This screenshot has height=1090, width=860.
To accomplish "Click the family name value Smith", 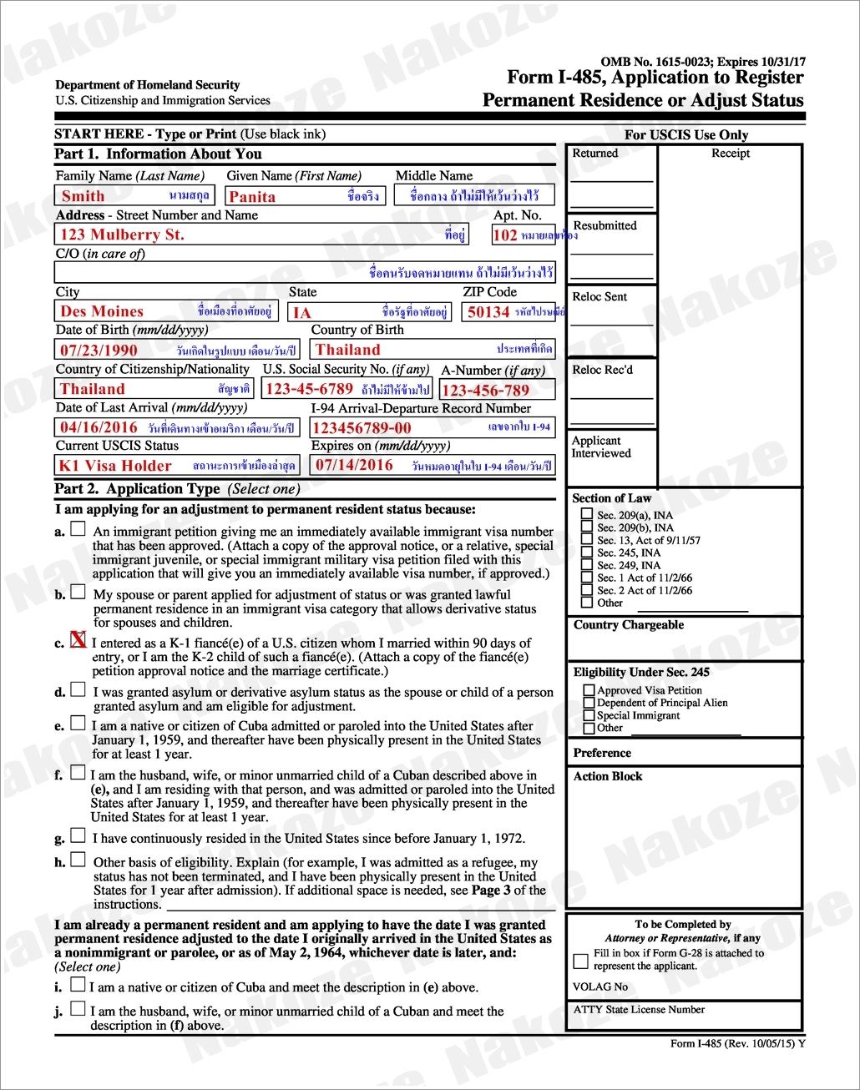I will click(83, 196).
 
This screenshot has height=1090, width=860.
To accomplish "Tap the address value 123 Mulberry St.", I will click(122, 235).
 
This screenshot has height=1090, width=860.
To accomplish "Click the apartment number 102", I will click(505, 235).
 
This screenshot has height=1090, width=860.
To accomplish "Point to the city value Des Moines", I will click(102, 311).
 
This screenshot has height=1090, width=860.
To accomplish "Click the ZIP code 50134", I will click(488, 312).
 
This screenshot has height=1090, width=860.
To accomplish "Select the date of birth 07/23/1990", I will click(99, 351).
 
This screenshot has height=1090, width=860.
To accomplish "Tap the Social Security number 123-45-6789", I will click(309, 389).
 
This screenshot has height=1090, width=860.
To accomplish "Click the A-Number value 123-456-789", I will click(485, 391).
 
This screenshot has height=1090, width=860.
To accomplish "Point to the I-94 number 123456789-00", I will click(362, 428).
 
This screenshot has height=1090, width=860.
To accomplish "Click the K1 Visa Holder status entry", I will click(115, 466).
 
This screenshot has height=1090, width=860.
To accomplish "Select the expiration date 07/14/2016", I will click(354, 465).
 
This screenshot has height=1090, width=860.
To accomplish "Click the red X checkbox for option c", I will click(78, 640).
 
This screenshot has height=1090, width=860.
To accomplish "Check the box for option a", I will click(78, 528).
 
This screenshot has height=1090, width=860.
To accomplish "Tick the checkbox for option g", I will click(78, 835).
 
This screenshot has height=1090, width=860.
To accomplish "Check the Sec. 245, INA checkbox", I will click(588, 553).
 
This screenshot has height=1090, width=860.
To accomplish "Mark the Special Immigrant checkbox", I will click(589, 715).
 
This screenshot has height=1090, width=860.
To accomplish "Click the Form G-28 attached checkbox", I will click(581, 961).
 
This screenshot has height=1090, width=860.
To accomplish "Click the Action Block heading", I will click(608, 776).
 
